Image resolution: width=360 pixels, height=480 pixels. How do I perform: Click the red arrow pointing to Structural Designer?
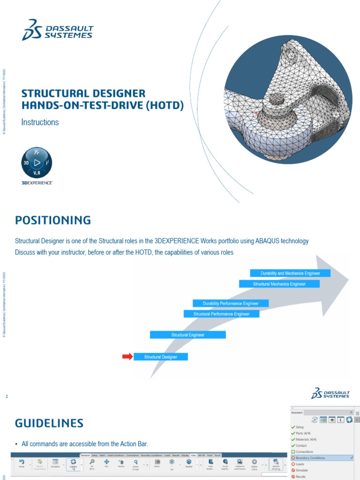tap(127, 357)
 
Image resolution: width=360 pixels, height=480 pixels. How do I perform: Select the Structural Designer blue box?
tap(161, 357)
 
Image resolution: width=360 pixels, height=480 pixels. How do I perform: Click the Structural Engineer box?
tap(187, 335)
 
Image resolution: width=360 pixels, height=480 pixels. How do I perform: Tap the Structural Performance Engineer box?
tap(221, 314)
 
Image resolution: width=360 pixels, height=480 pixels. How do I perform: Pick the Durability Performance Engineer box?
tap(231, 303)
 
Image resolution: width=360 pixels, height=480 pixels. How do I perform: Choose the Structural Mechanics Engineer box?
tap(279, 284)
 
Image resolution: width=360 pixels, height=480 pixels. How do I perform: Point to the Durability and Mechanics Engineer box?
tap(290, 273)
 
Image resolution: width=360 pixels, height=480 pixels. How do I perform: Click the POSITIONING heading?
tap(53, 220)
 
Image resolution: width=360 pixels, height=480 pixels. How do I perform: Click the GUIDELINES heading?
tap(49, 423)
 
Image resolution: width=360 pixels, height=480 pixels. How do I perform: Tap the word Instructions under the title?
tap(40, 122)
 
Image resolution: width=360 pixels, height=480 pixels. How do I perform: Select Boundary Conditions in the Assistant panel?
tap(310, 457)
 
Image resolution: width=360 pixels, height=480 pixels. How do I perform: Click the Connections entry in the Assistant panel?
tap(304, 451)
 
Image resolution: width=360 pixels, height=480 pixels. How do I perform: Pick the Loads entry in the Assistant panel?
tap(300, 464)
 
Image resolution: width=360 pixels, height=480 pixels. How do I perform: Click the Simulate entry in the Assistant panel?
tap(302, 470)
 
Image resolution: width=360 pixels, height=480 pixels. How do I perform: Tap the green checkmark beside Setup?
tap(293, 427)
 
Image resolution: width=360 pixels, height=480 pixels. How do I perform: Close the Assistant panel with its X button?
tap(352, 412)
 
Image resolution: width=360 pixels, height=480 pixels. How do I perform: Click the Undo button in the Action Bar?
tap(22, 464)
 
